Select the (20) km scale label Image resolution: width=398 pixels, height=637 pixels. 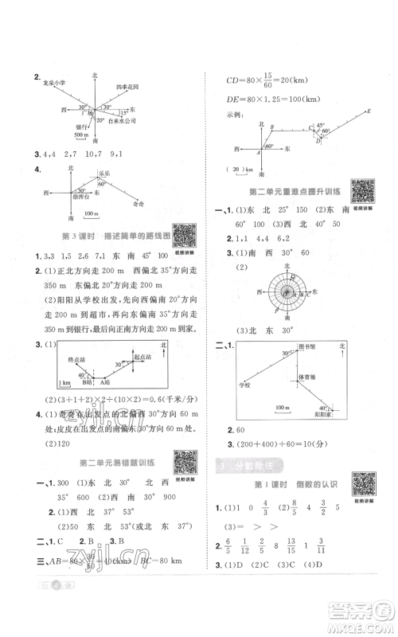click(x=236, y=169)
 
